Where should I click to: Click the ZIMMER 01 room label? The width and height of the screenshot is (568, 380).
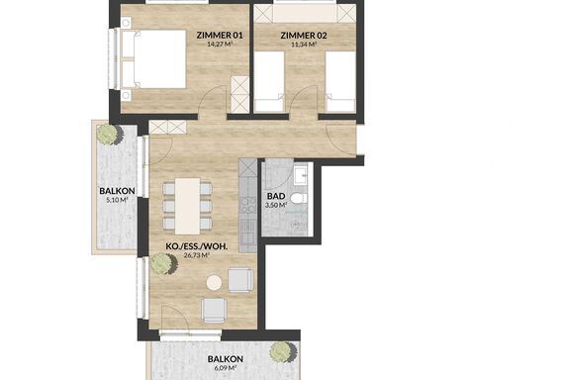tap(220, 36)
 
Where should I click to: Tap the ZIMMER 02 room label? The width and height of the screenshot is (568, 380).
tap(304, 36)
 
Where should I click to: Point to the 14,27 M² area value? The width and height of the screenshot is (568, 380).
tap(220, 45)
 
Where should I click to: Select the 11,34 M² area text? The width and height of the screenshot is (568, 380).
tap(304, 45)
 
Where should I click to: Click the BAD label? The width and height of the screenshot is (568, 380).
tap(276, 196)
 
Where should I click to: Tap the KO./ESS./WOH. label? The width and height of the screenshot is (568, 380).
tap(197, 246)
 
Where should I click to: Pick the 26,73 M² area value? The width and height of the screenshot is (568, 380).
tap(197, 255)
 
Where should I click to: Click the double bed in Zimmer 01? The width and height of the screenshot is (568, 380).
tap(153, 59)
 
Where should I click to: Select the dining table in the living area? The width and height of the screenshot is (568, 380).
tap(188, 206)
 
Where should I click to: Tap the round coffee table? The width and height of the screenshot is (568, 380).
tap(214, 283)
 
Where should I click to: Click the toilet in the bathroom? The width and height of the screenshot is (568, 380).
tap(299, 199)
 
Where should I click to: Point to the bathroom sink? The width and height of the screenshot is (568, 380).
tap(301, 175)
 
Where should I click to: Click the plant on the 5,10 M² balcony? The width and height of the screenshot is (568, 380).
tap(109, 135)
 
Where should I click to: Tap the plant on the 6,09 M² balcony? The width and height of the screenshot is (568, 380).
tap(284, 352)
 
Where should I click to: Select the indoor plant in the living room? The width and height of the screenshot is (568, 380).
tap(163, 263)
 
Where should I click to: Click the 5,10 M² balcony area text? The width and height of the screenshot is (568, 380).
tap(117, 200)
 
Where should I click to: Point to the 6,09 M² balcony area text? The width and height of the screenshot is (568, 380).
tap(225, 368)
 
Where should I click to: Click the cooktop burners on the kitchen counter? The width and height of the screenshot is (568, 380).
tap(248, 204)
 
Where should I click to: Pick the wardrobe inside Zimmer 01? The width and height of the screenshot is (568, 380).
tap(239, 95)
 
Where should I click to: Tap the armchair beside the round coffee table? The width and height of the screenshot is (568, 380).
tap(240, 280)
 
